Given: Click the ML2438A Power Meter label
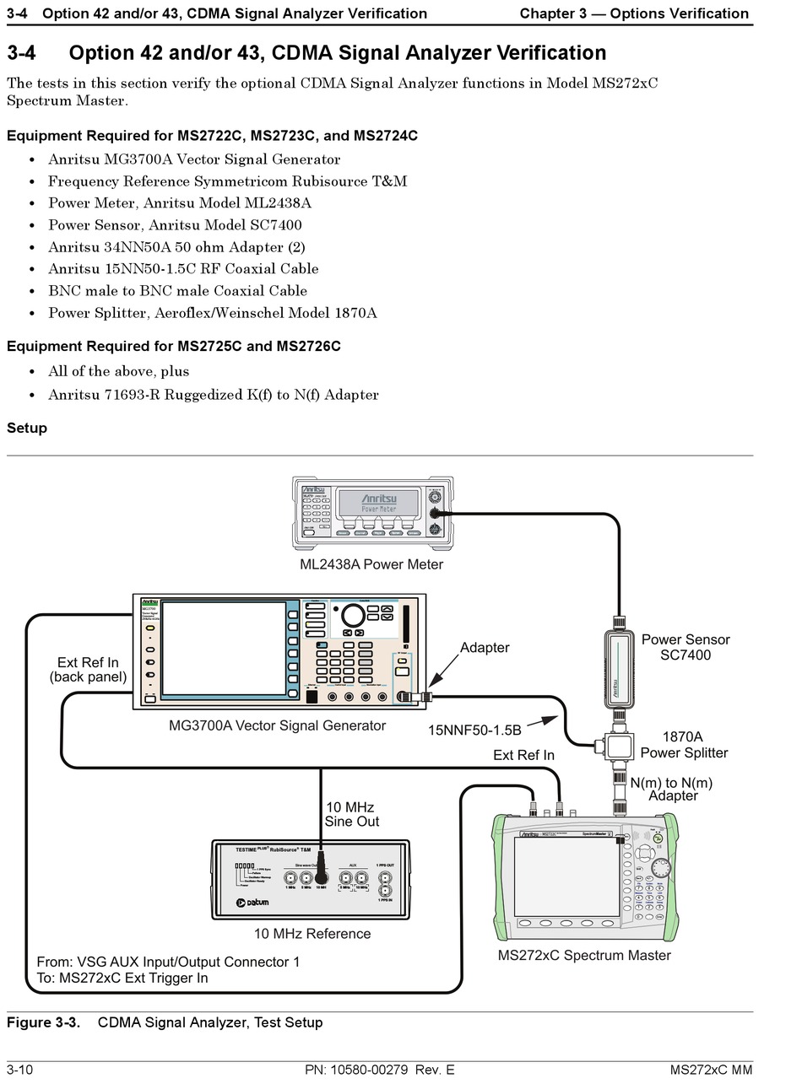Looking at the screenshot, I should [371, 564].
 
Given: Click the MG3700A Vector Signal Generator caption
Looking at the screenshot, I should [277, 725].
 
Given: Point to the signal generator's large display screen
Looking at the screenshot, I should [224, 647].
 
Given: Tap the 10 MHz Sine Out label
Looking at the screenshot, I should [351, 814].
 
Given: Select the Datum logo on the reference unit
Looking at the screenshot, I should [254, 903].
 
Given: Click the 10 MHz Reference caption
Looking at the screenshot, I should [312, 934].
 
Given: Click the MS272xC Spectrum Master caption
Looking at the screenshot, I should [584, 955].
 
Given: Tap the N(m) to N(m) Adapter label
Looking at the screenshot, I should [672, 789].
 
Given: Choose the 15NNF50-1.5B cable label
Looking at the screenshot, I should [474, 730].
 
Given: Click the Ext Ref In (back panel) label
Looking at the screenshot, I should [88, 669].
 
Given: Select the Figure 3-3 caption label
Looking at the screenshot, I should [43, 1022].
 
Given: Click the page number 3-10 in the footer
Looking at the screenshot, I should [19, 1070].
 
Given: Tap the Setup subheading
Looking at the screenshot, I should [27, 428].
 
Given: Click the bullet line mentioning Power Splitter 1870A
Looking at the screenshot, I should [212, 313].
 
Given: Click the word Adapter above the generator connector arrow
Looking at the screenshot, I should [485, 647].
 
